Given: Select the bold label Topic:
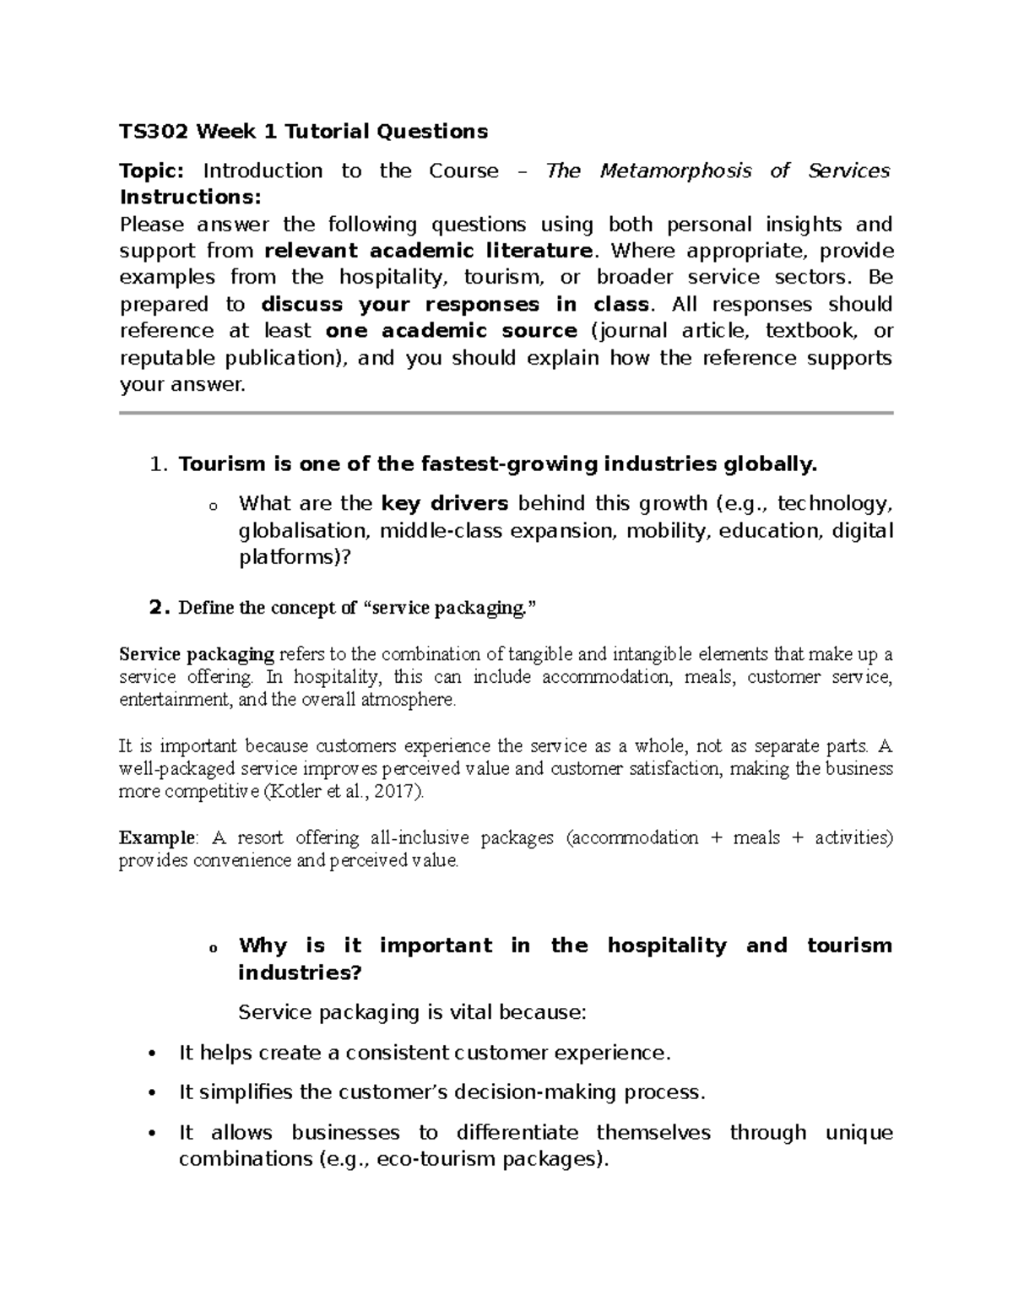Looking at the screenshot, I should click(151, 171).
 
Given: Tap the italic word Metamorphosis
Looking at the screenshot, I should click(674, 171).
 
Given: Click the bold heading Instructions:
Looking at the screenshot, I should click(191, 198).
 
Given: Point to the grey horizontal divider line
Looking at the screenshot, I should click(506, 413).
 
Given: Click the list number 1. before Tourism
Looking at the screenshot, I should click(158, 464).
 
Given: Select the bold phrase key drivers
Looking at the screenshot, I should click(445, 504).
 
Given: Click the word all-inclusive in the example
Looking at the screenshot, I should click(418, 838).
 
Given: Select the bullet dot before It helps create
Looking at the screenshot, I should click(152, 1054).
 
